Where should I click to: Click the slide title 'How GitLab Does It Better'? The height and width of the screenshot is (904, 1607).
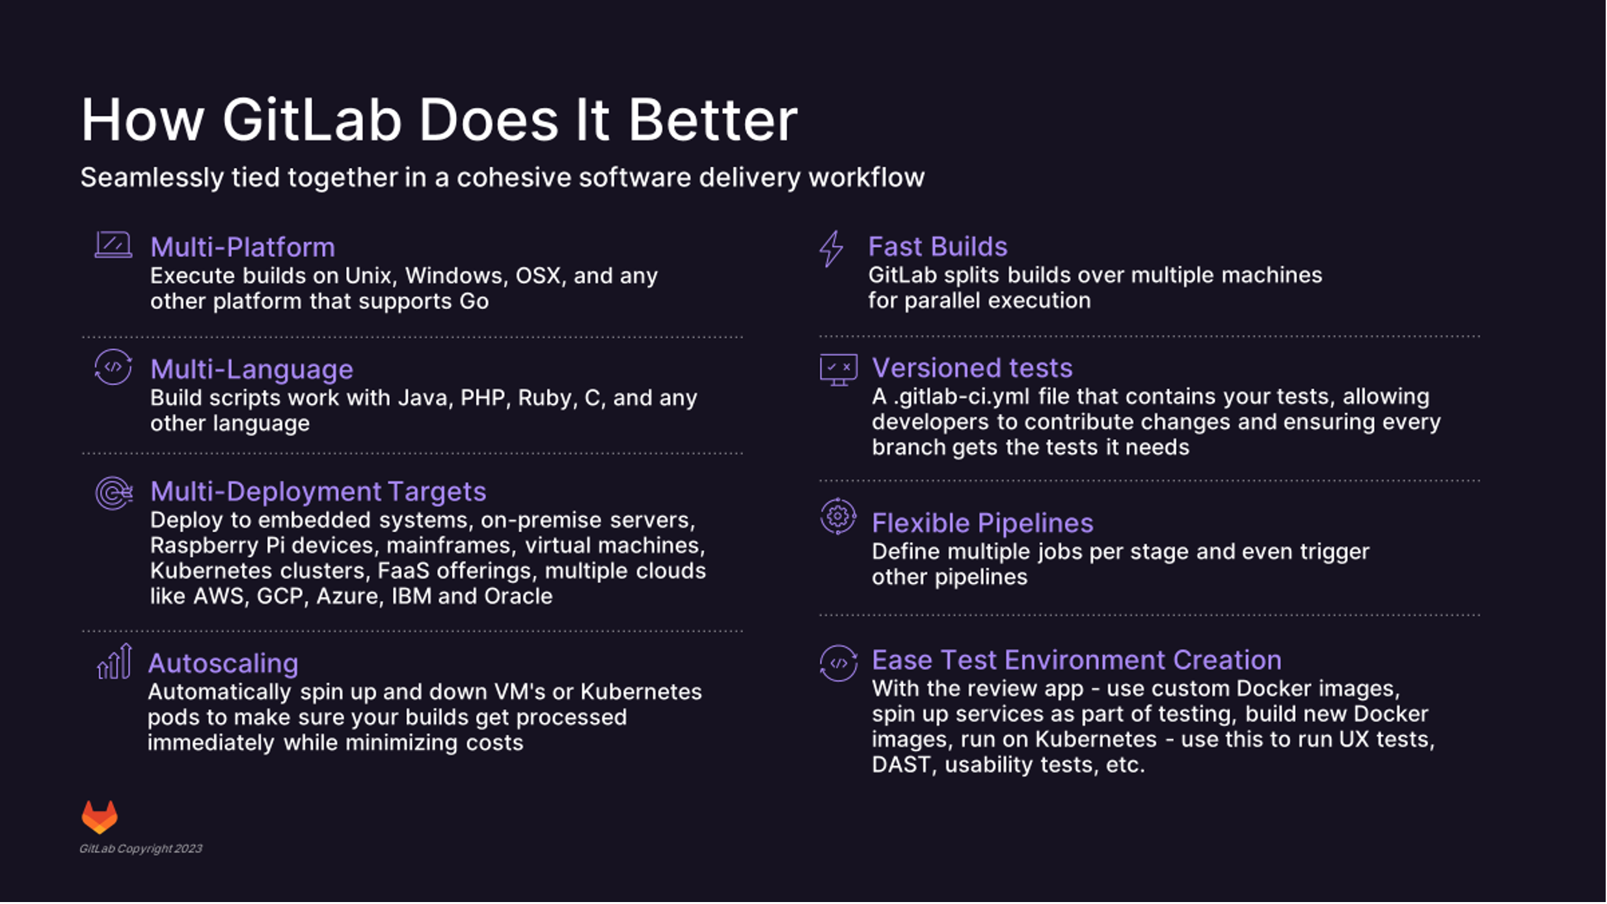coord(439,120)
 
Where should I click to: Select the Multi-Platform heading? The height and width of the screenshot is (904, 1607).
coord(243,247)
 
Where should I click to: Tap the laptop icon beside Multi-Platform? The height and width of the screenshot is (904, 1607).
coord(113,245)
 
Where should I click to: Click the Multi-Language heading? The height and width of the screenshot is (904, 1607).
coord(252,369)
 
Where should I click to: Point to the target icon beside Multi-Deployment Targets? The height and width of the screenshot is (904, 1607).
coord(114,493)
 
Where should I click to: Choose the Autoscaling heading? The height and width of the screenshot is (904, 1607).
coord(223,663)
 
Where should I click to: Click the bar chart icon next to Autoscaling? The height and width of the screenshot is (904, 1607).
coord(115,661)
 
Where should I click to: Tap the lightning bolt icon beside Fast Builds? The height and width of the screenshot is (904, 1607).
coord(831,248)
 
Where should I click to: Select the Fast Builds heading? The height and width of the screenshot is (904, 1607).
coord(938,246)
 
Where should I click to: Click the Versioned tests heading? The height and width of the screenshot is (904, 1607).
coord(972,368)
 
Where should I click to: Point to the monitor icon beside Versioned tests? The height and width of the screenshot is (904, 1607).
coord(839,370)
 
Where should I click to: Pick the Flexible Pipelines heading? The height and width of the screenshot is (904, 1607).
coord(982,524)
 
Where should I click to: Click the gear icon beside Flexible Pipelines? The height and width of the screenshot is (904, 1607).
coord(838,516)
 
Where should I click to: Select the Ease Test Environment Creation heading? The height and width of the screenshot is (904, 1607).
coord(1077,660)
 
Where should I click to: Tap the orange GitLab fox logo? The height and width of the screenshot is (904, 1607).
coord(100,817)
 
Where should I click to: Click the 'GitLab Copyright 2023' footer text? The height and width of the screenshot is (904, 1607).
coord(141,849)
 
